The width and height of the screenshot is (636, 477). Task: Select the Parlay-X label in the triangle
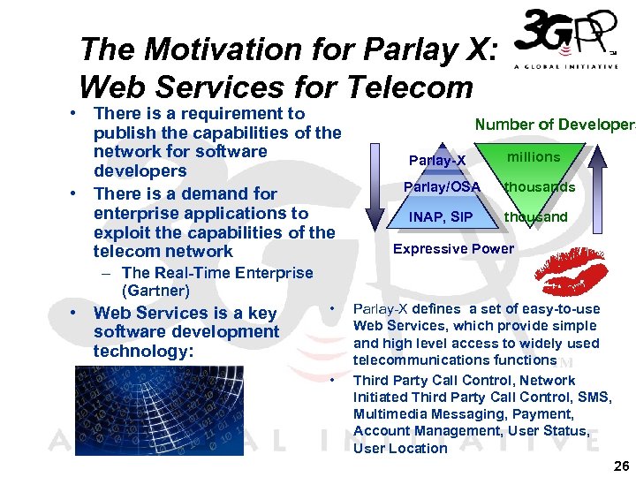[x=437, y=160]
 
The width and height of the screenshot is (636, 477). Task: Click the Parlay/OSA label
[x=442, y=187]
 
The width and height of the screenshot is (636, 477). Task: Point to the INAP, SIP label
[x=441, y=216]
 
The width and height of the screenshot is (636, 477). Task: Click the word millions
[x=534, y=157]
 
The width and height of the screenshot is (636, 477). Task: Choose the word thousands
[x=540, y=187]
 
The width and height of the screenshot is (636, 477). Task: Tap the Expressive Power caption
[x=453, y=249]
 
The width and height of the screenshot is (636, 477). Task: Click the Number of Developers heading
[x=555, y=125]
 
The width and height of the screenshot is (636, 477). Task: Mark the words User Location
[x=400, y=448]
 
